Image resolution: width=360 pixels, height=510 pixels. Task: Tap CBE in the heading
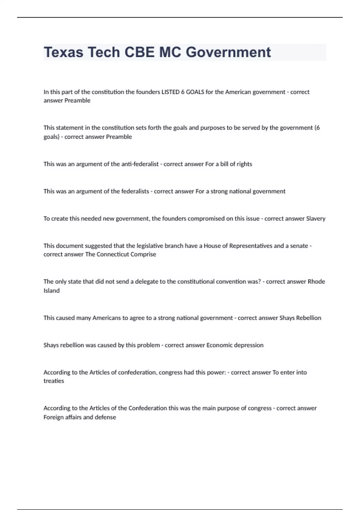[139, 52]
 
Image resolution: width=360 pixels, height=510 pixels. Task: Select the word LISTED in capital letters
[170, 92]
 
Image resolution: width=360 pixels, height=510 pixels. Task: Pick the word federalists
[135, 191]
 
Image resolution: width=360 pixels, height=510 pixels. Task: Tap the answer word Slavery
[316, 218]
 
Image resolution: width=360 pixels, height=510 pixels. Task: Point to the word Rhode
[316, 281]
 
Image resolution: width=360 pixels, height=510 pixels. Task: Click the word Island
[52, 290]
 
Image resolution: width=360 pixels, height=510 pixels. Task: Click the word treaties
[54, 381]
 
